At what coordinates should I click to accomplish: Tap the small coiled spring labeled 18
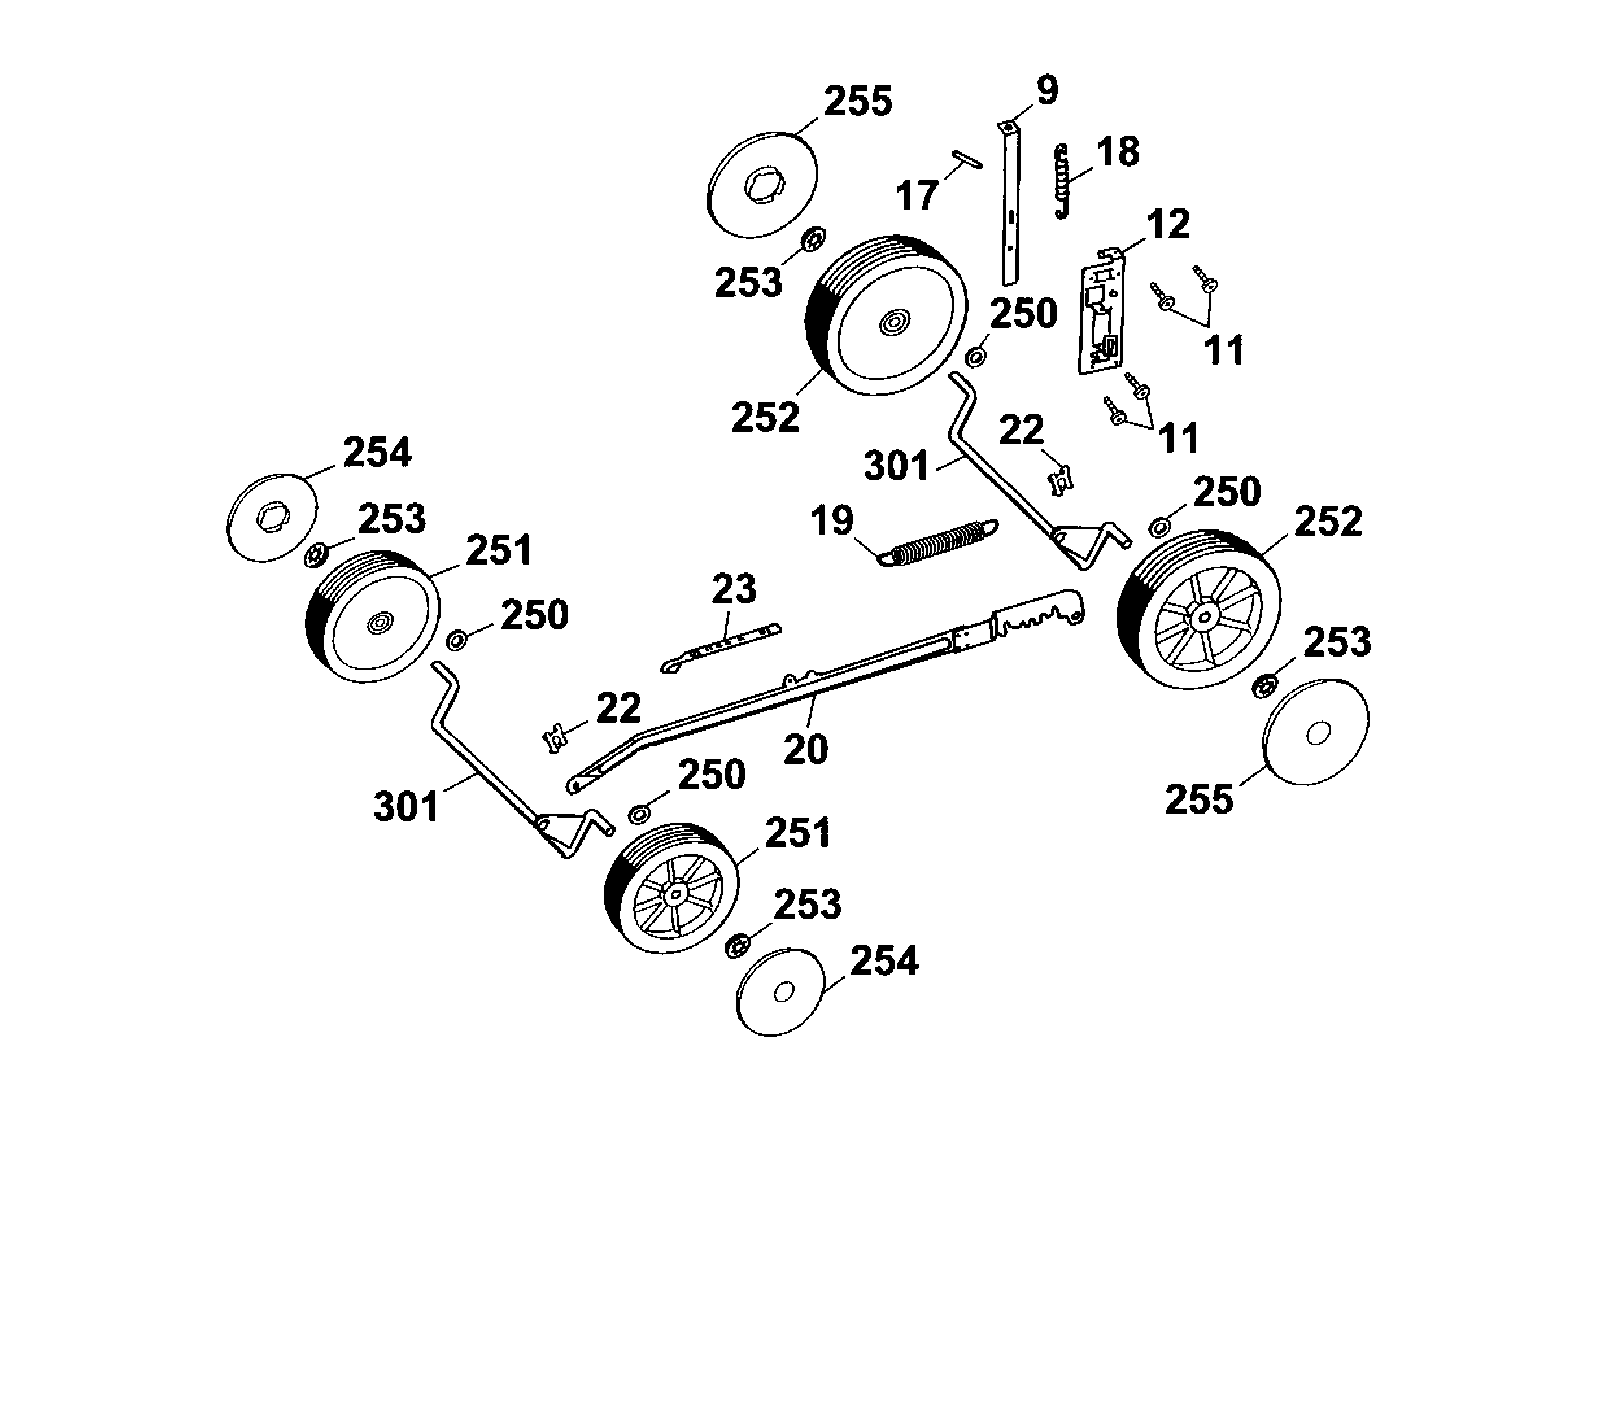click(x=1062, y=181)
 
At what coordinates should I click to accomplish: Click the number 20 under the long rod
click(x=805, y=749)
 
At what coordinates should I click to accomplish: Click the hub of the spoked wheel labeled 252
click(x=1200, y=617)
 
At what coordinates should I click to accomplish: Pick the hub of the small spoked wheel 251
click(x=674, y=895)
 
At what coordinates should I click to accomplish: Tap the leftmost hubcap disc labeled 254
click(x=272, y=517)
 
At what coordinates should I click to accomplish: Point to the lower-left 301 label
click(x=405, y=807)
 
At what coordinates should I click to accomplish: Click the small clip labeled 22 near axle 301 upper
click(x=1062, y=478)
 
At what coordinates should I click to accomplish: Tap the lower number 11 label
click(x=1179, y=438)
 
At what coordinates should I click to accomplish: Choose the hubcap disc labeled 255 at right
click(x=1314, y=732)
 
